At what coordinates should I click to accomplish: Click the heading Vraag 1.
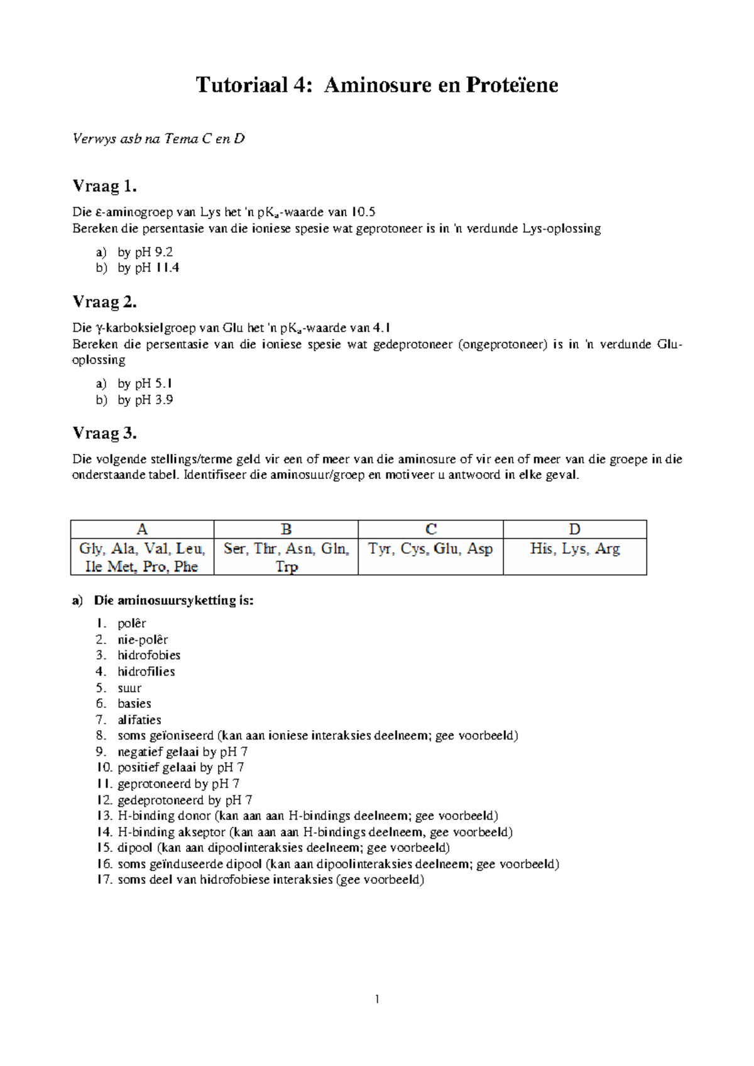click(x=104, y=186)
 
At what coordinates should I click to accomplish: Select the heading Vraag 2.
click(x=104, y=302)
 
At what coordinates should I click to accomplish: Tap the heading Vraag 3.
click(x=104, y=433)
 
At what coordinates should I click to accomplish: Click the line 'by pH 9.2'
click(x=145, y=252)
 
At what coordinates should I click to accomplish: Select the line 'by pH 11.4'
click(x=148, y=268)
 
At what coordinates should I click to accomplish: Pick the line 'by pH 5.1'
click(x=145, y=384)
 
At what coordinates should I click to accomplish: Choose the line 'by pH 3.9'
click(x=145, y=400)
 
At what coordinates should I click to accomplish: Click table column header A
click(x=142, y=529)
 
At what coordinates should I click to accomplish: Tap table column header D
click(x=574, y=529)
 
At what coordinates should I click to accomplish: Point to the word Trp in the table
click(x=287, y=567)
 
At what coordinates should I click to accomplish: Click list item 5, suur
click(x=129, y=688)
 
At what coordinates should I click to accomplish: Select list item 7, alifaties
click(x=139, y=720)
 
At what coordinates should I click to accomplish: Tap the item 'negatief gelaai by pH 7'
click(x=182, y=752)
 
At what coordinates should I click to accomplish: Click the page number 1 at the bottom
click(x=377, y=999)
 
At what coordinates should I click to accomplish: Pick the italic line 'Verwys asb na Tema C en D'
click(x=158, y=139)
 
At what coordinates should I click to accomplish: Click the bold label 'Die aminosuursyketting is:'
click(x=173, y=601)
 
